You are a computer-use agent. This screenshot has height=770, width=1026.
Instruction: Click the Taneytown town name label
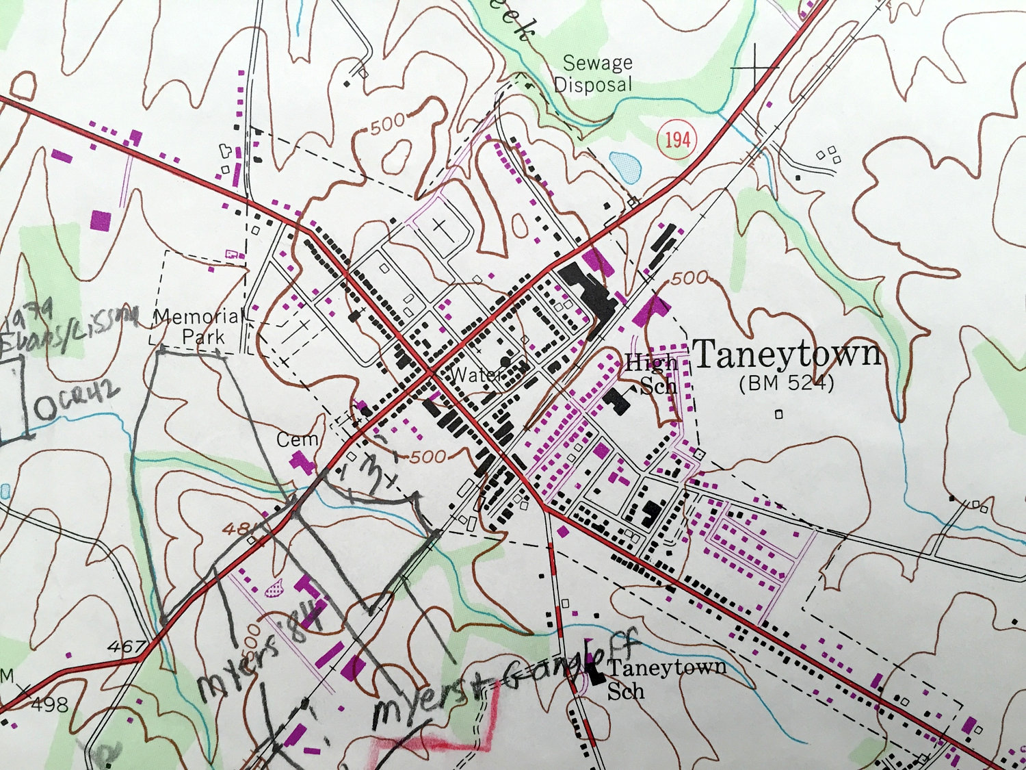point(787,355)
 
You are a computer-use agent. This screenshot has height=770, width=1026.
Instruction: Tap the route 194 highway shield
point(677,140)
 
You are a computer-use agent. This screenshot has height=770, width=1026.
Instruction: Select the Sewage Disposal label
point(592,74)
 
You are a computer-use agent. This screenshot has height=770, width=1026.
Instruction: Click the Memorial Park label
point(199,326)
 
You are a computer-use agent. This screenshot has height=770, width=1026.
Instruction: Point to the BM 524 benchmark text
point(787,383)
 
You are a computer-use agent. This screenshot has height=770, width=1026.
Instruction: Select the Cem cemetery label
point(297,439)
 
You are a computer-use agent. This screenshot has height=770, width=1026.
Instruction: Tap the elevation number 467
point(127,646)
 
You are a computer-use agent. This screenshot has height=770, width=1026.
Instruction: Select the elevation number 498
point(49,704)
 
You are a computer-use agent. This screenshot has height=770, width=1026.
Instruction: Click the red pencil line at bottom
point(438,743)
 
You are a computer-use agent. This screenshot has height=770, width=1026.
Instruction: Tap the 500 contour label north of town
point(388,124)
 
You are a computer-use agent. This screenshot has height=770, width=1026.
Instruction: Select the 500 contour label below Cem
point(429,456)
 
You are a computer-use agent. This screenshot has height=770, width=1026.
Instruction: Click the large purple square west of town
point(101,221)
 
